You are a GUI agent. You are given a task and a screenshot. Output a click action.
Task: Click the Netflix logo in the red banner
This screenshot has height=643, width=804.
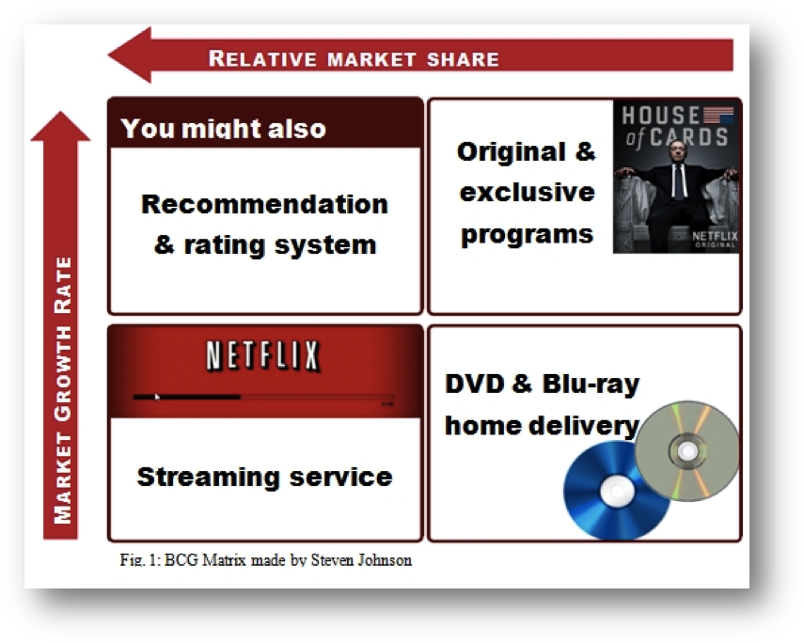(263, 356)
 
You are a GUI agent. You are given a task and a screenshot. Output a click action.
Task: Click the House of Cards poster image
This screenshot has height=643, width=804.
(676, 177)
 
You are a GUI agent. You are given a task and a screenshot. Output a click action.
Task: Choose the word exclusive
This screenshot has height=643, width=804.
(527, 193)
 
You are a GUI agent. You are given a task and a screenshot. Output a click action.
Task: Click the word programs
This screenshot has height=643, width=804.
(527, 233)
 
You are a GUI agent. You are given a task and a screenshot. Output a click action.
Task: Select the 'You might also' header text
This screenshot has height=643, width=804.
(223, 129)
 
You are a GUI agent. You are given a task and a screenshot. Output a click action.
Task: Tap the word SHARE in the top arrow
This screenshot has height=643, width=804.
(459, 59)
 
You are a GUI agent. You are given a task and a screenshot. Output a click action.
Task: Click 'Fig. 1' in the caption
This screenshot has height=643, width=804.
(137, 560)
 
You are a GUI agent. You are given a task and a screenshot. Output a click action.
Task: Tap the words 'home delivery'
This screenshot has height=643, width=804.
(541, 426)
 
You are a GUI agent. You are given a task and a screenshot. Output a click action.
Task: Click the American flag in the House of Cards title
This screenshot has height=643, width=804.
(719, 116)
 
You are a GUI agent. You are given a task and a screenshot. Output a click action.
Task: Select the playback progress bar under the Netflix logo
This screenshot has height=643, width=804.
(263, 398)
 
